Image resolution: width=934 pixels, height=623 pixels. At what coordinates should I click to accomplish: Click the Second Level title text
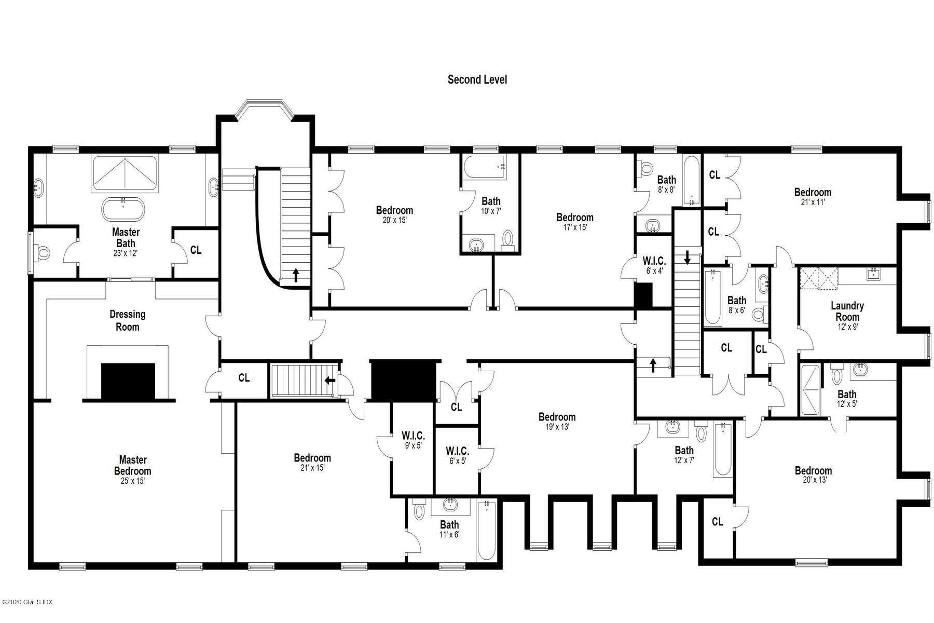click(x=477, y=79)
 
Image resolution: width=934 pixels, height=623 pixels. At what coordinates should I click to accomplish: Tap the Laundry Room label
click(x=847, y=311)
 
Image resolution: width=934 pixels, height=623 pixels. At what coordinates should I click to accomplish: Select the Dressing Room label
click(x=127, y=320)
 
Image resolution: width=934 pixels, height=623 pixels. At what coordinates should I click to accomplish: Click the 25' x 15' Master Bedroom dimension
click(x=132, y=481)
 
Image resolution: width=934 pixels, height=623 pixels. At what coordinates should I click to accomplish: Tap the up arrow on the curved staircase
click(x=296, y=275)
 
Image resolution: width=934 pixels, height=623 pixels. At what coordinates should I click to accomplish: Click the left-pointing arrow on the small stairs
click(x=329, y=380)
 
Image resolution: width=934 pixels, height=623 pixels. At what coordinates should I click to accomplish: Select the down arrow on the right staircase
click(x=688, y=256)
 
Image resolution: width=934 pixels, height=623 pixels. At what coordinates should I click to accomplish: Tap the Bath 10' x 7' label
click(x=491, y=205)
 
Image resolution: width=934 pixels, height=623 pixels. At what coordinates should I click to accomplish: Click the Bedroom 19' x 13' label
click(x=557, y=421)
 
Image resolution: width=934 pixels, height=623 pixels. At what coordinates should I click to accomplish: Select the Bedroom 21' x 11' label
click(x=813, y=196)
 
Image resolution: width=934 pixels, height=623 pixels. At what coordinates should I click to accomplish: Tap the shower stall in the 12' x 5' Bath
click(x=810, y=389)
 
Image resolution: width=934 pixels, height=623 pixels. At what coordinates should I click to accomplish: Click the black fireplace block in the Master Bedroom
click(x=128, y=381)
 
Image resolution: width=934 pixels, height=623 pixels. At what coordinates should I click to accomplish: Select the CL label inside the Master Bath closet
click(x=196, y=250)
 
